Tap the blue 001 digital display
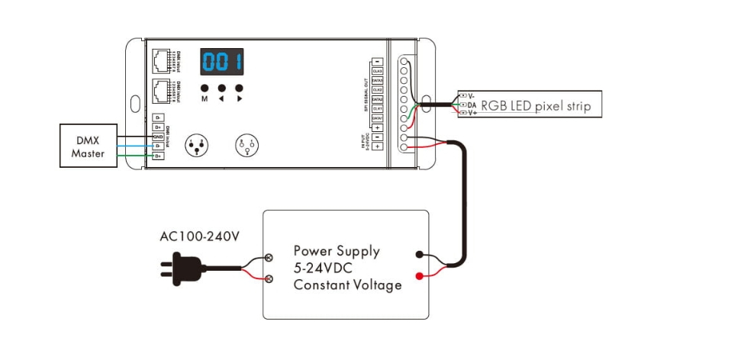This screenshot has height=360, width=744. [x=222, y=61]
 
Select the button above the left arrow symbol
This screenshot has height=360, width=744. [x=222, y=88]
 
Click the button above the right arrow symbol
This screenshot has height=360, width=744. [x=239, y=88]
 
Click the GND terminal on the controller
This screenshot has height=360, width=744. [x=158, y=137]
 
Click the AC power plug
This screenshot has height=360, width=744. [x=181, y=267]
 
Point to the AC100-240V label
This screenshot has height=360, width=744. [x=200, y=236]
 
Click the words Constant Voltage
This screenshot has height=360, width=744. [x=347, y=285]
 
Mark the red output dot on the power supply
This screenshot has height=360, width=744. [x=419, y=275]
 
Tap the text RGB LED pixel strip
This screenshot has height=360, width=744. [x=536, y=105]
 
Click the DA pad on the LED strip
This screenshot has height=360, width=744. [x=463, y=104]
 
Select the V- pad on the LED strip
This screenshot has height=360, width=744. [x=463, y=96]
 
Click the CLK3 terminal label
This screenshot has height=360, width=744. [x=377, y=71]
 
